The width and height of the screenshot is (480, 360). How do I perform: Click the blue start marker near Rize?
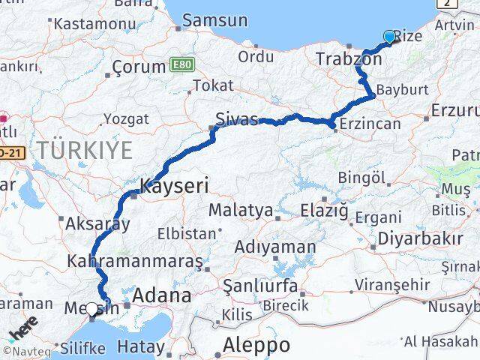click(x=389, y=36)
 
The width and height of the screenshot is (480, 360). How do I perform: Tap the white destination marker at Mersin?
click(x=91, y=308)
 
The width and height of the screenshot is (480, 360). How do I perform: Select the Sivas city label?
click(x=236, y=119)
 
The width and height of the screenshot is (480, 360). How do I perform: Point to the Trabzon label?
click(x=349, y=58)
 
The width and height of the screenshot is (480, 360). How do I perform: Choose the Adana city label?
click(x=162, y=295)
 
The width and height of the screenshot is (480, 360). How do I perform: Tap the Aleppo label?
click(x=256, y=346)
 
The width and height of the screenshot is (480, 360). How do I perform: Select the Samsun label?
click(x=214, y=20)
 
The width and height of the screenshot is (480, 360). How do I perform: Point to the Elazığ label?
click(x=324, y=211)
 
